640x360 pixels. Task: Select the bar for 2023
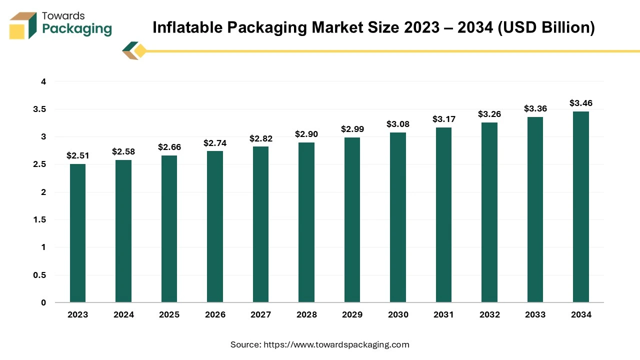click(77, 233)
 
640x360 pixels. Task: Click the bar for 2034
click(581, 207)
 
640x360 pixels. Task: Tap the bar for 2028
click(306, 222)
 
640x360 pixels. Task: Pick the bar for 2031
click(443, 215)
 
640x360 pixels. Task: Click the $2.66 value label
click(169, 147)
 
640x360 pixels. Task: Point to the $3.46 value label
click(581, 103)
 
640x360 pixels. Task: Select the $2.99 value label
click(352, 129)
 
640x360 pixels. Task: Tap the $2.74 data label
click(215, 143)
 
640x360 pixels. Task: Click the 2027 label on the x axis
click(261, 314)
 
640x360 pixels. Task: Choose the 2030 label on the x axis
click(398, 314)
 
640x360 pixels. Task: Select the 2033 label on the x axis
click(535, 314)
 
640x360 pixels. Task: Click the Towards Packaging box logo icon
click(23, 26)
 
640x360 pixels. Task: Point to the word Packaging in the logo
click(77, 29)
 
